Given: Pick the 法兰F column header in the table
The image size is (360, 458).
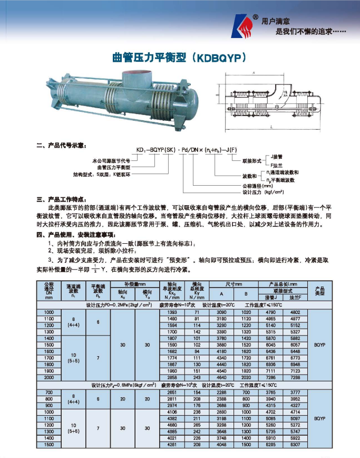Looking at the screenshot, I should [295, 298].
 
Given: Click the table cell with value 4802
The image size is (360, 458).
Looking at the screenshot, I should [295, 312].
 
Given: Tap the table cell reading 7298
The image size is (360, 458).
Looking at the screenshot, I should [295, 378].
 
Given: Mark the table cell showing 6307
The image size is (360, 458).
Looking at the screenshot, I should [295, 444].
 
